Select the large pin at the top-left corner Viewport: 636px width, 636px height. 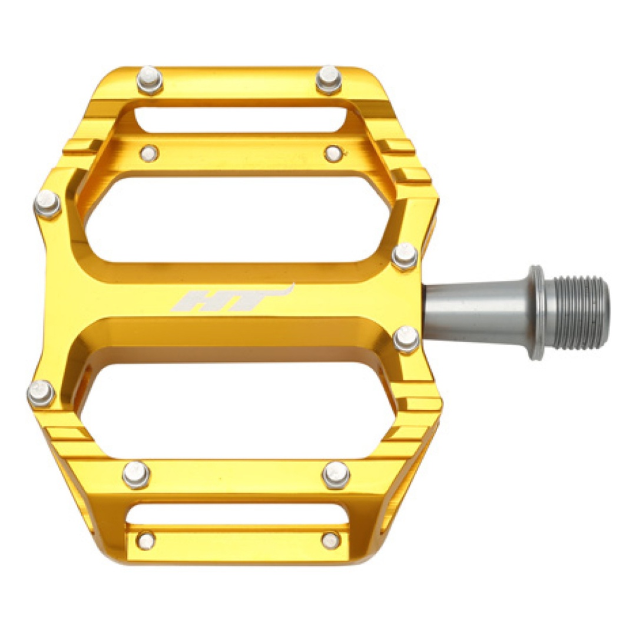(x=150, y=80)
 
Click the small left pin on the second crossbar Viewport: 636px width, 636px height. (x=149, y=153)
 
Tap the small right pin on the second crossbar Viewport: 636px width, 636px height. (x=334, y=153)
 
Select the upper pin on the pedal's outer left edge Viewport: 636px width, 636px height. (x=47, y=204)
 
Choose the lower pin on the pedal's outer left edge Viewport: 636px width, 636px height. (x=41, y=393)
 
